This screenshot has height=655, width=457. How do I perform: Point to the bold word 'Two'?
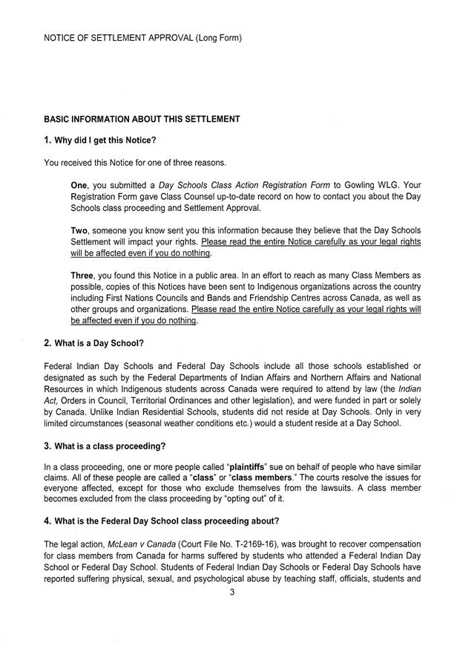pos(79,231)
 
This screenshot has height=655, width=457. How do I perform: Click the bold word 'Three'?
pos(83,276)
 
